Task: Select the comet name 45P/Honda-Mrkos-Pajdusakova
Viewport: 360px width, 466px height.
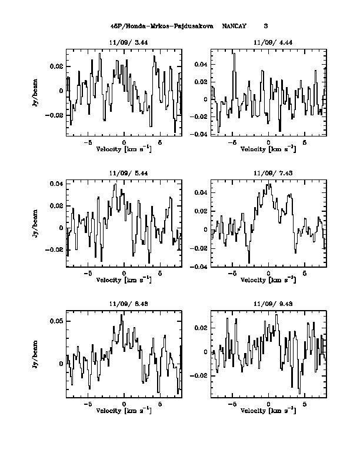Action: click(162, 26)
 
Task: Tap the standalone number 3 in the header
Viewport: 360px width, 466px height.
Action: click(266, 26)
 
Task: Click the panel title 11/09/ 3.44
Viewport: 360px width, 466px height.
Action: click(124, 43)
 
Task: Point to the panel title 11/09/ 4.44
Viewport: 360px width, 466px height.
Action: click(268, 43)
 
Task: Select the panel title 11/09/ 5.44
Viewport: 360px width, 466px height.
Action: click(124, 173)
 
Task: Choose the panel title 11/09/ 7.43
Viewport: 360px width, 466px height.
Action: click(268, 173)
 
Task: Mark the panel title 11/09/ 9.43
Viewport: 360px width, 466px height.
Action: click(268, 304)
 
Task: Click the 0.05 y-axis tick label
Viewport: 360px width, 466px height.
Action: click(56, 321)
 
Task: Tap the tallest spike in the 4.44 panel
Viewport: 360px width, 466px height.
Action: click(234, 54)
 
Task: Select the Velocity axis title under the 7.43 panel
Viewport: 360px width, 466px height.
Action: click(268, 280)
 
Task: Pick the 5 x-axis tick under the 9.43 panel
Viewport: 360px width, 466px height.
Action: click(305, 405)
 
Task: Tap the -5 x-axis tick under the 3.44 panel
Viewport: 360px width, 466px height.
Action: click(88, 143)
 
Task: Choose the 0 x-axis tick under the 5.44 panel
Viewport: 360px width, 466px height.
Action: click(124, 274)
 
